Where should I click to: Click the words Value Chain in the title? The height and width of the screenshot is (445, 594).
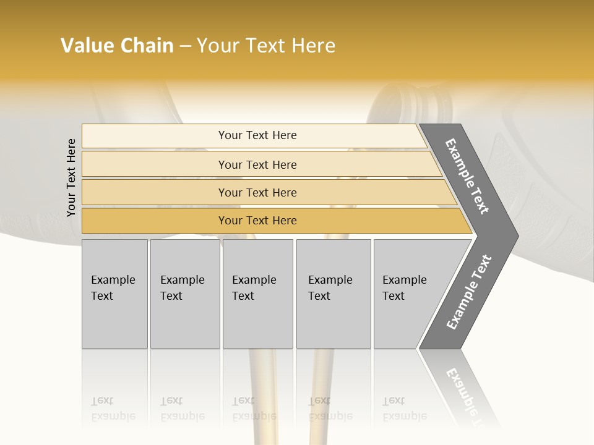pyautogui.click(x=117, y=46)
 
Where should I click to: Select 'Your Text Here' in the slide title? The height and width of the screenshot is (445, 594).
pyautogui.click(x=266, y=46)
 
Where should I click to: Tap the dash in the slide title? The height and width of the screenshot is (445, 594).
pyautogui.click(x=185, y=46)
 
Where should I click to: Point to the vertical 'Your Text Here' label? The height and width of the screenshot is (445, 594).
pyautogui.click(x=71, y=177)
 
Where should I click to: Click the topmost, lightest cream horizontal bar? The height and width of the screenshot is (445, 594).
pyautogui.click(x=257, y=135)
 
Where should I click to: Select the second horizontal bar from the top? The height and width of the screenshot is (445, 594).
pyautogui.click(x=257, y=164)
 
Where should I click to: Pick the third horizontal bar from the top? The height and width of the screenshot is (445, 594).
pyautogui.click(x=257, y=192)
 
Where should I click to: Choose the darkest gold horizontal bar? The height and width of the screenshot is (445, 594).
pyautogui.click(x=257, y=221)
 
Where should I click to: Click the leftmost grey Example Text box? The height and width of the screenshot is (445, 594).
pyautogui.click(x=114, y=293)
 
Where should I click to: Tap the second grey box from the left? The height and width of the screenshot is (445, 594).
pyautogui.click(x=184, y=293)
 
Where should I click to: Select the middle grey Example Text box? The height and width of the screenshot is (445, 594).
pyautogui.click(x=257, y=293)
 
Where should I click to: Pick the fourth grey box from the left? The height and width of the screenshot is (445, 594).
pyautogui.click(x=333, y=293)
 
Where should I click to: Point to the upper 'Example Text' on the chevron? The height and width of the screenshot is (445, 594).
pyautogui.click(x=467, y=176)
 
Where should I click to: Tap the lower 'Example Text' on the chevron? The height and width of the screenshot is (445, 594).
pyautogui.click(x=469, y=292)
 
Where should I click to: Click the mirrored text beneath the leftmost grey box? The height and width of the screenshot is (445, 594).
pyautogui.click(x=113, y=409)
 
